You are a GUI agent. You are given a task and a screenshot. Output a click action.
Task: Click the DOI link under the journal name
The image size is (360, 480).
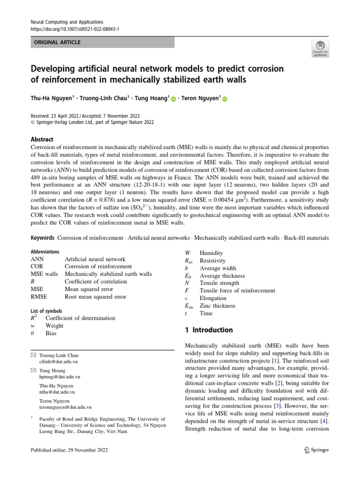tap(75, 29)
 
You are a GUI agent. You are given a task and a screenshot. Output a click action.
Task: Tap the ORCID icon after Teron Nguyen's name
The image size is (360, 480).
tap(224, 99)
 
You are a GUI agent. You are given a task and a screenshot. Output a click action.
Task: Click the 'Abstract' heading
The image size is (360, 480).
tap(42, 139)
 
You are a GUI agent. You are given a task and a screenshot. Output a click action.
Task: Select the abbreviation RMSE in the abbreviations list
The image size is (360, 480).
tap(39, 297)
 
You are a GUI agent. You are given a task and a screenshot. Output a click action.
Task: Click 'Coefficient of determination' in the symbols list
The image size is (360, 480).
tap(80, 318)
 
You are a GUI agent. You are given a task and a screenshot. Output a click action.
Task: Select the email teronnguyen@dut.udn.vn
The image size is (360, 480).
tap(65, 407)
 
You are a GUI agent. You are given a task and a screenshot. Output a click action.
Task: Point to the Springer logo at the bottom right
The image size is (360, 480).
tap(316, 450)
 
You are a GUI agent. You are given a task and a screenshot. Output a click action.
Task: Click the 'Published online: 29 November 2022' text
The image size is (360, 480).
tap(69, 450)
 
